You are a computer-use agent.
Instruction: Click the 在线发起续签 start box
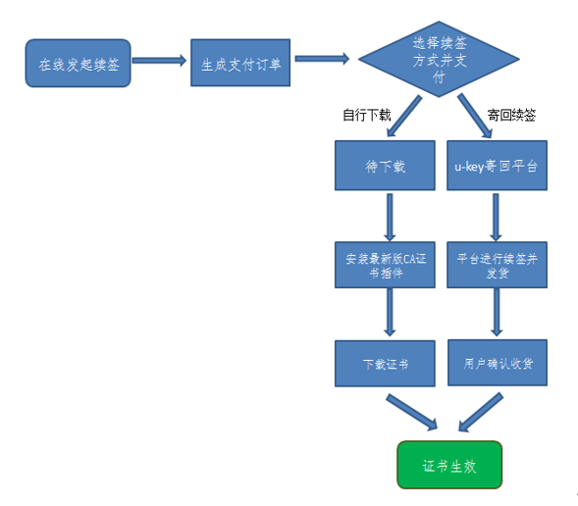(x=78, y=64)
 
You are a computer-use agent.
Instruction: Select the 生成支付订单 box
(x=240, y=63)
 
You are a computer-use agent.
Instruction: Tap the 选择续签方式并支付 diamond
(x=439, y=59)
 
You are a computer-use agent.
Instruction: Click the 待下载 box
(x=385, y=166)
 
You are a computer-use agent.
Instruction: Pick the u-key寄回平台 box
(x=497, y=166)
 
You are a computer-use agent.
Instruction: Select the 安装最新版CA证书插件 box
(x=385, y=265)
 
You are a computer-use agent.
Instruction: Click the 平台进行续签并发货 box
(x=497, y=265)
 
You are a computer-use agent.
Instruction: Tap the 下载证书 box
(x=385, y=364)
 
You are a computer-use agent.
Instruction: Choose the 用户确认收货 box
(x=498, y=363)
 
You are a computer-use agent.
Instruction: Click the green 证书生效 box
(x=449, y=465)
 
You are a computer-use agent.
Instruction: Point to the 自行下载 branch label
(x=366, y=115)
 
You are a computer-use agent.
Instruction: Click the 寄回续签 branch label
(x=511, y=115)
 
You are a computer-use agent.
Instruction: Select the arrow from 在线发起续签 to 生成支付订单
(x=159, y=61)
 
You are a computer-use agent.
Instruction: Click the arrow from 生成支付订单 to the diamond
(x=322, y=59)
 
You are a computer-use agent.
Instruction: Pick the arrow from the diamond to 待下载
(x=404, y=116)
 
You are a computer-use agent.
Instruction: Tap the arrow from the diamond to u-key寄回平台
(x=475, y=116)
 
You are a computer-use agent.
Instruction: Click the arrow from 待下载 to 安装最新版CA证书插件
(x=390, y=218)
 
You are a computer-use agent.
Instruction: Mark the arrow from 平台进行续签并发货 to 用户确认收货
(x=497, y=312)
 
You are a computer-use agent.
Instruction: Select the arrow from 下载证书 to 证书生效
(x=412, y=412)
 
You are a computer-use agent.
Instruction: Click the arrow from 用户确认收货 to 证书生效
(x=481, y=412)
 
